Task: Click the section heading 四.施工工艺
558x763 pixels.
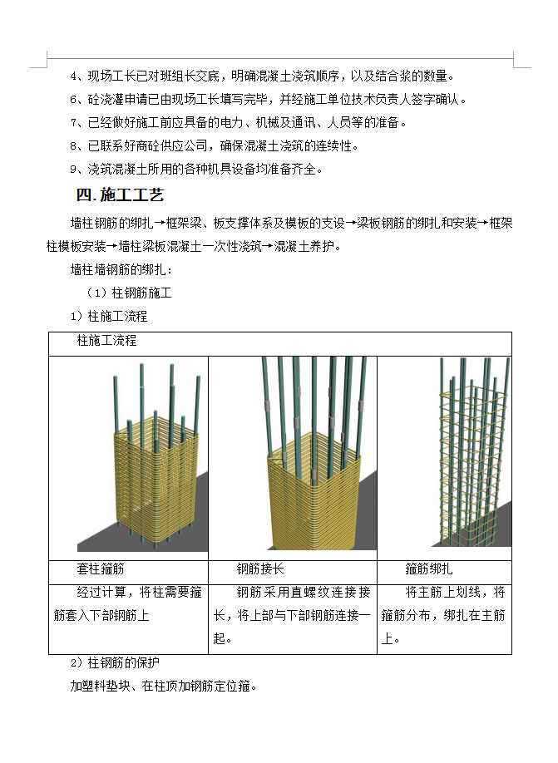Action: click(x=120, y=196)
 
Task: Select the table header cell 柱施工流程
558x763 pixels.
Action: click(x=106, y=342)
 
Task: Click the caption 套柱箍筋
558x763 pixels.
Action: click(x=101, y=569)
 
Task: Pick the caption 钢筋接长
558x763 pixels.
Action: click(x=260, y=569)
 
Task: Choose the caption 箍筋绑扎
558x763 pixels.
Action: click(x=429, y=569)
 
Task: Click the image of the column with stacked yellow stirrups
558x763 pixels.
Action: click(x=141, y=457)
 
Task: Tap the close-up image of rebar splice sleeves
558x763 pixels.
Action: click(x=293, y=457)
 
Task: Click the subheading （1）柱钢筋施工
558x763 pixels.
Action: click(x=129, y=293)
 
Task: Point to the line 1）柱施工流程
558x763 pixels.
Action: click(x=109, y=317)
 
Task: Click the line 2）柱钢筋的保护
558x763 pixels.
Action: click(x=115, y=663)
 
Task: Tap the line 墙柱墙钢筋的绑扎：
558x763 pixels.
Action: click(x=122, y=271)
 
